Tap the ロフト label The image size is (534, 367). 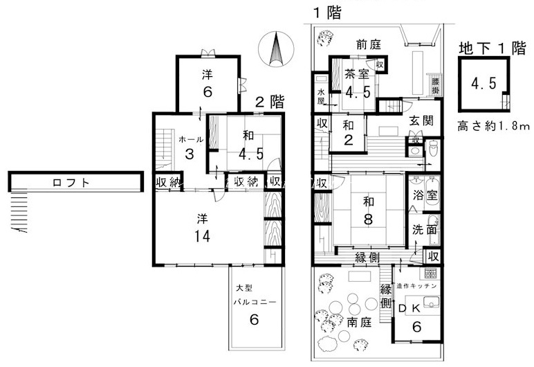click(x=73, y=183)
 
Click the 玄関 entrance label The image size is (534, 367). click(x=421, y=121)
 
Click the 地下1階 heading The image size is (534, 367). click(x=492, y=48)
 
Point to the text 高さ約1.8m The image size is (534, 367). click(x=493, y=126)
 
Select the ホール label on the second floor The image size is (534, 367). click(x=191, y=139)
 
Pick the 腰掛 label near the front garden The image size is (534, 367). click(x=434, y=85)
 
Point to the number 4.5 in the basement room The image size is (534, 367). click(x=484, y=84)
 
